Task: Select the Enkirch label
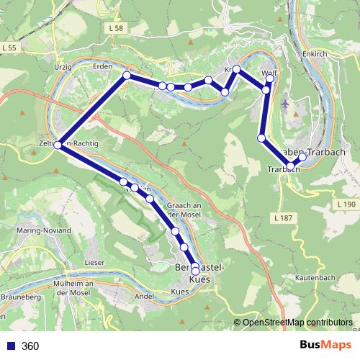coord(315,53)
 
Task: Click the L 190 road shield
coord(346,205)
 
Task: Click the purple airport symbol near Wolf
coord(287,103)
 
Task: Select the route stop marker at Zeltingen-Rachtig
coord(58,145)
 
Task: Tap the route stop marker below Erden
coord(127,76)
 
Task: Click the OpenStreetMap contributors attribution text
coord(297,323)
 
